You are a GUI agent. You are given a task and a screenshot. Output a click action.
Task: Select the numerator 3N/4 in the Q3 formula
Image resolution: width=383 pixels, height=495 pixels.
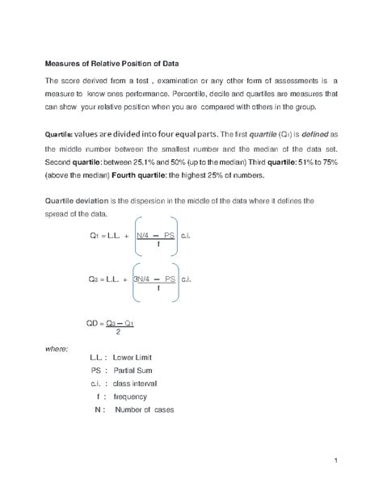pyautogui.click(x=145, y=279)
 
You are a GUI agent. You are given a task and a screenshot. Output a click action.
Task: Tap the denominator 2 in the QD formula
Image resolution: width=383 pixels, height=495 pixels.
pyautogui.click(x=118, y=332)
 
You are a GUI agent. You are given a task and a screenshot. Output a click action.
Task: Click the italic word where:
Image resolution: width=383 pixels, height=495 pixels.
pyautogui.click(x=56, y=349)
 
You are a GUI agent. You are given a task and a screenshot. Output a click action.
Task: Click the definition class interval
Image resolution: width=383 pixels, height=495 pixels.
pyautogui.click(x=140, y=384)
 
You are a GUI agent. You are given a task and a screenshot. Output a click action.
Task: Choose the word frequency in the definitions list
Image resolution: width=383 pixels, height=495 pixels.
pyautogui.click(x=130, y=396)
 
